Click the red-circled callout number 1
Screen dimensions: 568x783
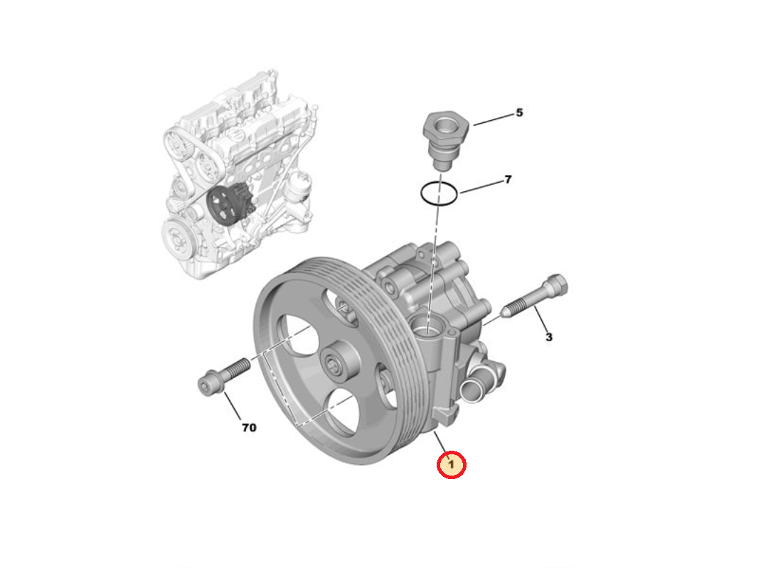tap(451, 465)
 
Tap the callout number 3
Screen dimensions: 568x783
tap(548, 337)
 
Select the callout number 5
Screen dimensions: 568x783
tap(519, 112)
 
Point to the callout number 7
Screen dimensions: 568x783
tap(508, 180)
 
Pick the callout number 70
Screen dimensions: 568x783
tap(248, 427)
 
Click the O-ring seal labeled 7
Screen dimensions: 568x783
tap(438, 193)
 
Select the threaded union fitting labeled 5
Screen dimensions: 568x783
tap(444, 139)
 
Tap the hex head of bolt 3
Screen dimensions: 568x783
tap(555, 286)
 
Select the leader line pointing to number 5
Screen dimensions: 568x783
tap(493, 119)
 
